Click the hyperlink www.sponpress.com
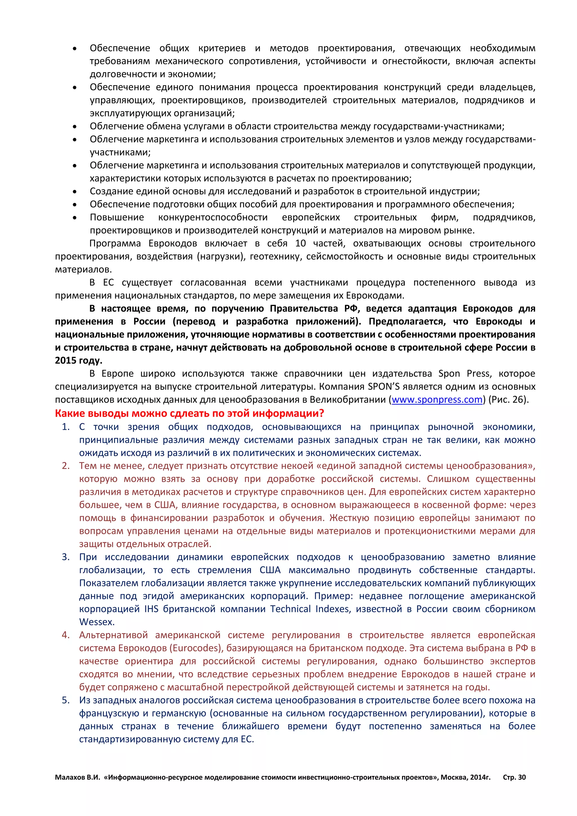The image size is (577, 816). [437, 400]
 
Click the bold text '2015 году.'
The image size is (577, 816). [79, 360]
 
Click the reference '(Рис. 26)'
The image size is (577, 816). [508, 400]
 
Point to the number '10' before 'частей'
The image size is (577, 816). [300, 243]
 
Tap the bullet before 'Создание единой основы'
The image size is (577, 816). [75, 192]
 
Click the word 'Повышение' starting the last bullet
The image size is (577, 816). [117, 218]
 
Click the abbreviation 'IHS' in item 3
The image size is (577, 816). [151, 609]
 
